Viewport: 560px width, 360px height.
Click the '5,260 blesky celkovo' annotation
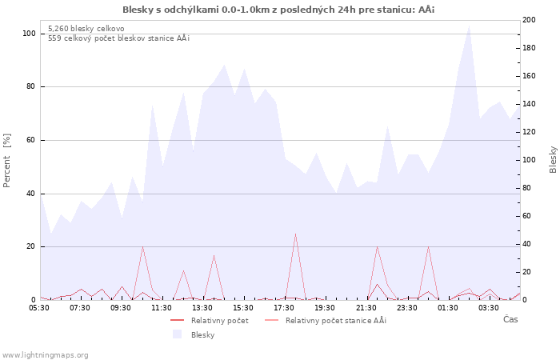pyautogui.click(x=86, y=28)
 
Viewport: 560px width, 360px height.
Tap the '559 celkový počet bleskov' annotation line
pyautogui.click(x=118, y=38)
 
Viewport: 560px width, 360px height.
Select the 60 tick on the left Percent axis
pyautogui.click(x=31, y=140)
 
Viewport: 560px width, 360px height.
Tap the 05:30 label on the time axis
pyautogui.click(x=40, y=307)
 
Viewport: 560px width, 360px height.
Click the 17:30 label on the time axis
pyautogui.click(x=284, y=307)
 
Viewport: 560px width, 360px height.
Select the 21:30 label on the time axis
pyautogui.click(x=366, y=307)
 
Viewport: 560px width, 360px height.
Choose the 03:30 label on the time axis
pyautogui.click(x=488, y=307)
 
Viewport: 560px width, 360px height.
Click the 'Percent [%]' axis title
pyautogui.click(x=7, y=160)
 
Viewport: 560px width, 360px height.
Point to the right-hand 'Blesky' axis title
pyautogui.click(x=553, y=159)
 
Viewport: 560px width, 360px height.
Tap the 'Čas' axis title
pyautogui.click(x=510, y=320)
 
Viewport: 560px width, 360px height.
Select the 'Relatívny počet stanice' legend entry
pyautogui.click(x=335, y=321)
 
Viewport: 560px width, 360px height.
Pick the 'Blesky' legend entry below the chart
pyautogui.click(x=202, y=334)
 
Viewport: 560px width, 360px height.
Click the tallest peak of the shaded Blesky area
pyautogui.click(x=469, y=26)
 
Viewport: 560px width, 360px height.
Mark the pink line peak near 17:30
pyautogui.click(x=295, y=234)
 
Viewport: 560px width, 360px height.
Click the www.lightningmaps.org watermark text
pyautogui.click(x=46, y=354)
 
